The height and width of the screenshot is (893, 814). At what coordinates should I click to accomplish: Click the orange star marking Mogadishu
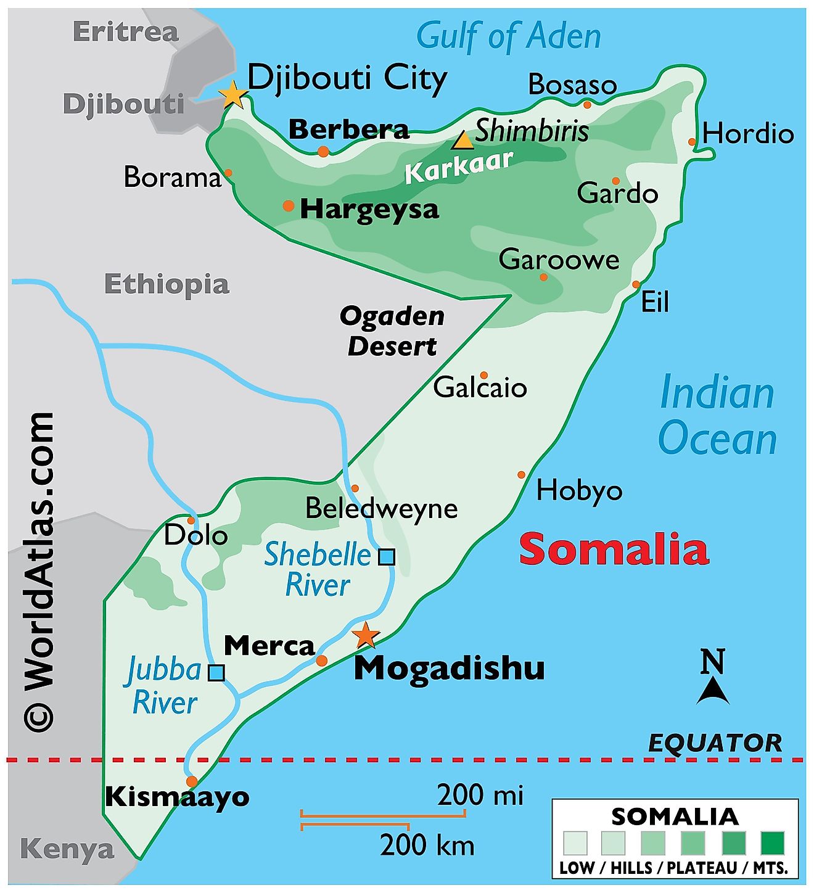pyautogui.click(x=366, y=635)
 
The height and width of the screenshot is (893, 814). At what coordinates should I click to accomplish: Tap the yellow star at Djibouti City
pyautogui.click(x=234, y=95)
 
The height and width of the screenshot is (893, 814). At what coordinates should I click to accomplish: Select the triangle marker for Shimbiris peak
pyautogui.click(x=462, y=141)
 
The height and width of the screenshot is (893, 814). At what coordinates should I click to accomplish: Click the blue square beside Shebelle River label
pyautogui.click(x=387, y=557)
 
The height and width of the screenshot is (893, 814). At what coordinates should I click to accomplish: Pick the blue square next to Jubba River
pyautogui.click(x=216, y=672)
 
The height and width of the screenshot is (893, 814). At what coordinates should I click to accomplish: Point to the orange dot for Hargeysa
pyautogui.click(x=289, y=206)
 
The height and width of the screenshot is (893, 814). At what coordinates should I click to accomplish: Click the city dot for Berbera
pyautogui.click(x=323, y=152)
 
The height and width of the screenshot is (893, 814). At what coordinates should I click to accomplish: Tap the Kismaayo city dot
pyautogui.click(x=192, y=781)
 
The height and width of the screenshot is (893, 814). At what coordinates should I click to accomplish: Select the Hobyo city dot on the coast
pyautogui.click(x=522, y=475)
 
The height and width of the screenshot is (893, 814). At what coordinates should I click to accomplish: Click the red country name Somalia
pyautogui.click(x=614, y=549)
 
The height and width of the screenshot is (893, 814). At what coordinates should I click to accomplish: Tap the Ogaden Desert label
pyautogui.click(x=392, y=331)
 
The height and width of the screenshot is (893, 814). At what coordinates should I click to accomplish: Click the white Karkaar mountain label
pyautogui.click(x=459, y=167)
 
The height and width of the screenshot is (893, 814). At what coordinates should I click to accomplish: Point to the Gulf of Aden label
pyautogui.click(x=508, y=36)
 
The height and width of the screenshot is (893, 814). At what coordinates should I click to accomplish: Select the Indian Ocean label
pyautogui.click(x=717, y=416)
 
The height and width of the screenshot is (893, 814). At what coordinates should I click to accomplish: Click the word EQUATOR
pyautogui.click(x=715, y=743)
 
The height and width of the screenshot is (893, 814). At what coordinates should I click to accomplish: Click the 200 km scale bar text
pyautogui.click(x=427, y=845)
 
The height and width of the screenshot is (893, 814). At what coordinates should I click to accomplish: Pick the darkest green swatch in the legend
pyautogui.click(x=772, y=843)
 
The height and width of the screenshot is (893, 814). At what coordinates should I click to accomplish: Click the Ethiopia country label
pyautogui.click(x=166, y=284)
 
